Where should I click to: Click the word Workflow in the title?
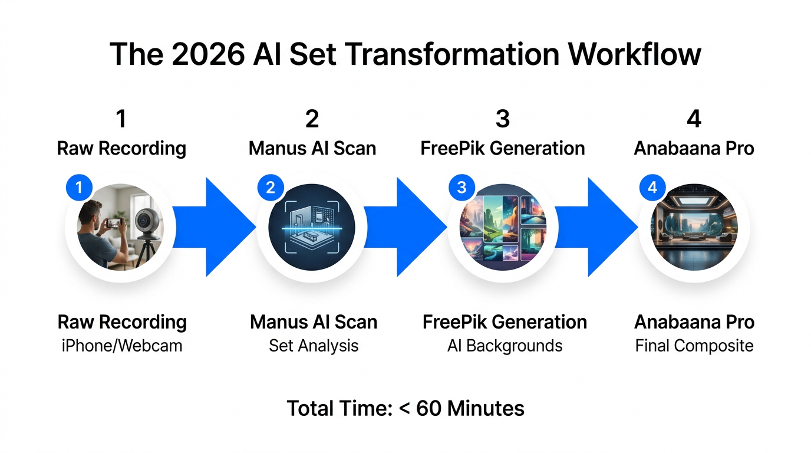(634, 54)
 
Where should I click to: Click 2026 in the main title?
(208, 54)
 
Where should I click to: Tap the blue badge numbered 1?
(79, 188)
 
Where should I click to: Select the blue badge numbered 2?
(271, 188)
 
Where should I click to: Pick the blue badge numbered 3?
(461, 188)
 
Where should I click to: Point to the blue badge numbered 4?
(652, 188)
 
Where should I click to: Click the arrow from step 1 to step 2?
(215, 227)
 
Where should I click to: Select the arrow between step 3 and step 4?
(596, 227)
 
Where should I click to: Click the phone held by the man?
(113, 223)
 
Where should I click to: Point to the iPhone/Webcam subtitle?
(122, 346)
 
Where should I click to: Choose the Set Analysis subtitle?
(314, 346)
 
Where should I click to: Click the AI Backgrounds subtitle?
(505, 346)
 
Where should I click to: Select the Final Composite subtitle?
(694, 346)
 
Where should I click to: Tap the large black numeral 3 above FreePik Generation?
(503, 119)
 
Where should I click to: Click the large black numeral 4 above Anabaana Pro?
(694, 119)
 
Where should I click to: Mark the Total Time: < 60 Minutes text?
(405, 408)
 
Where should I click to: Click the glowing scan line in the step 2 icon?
(312, 228)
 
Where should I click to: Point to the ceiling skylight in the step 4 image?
(693, 201)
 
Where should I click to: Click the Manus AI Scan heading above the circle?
(312, 149)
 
